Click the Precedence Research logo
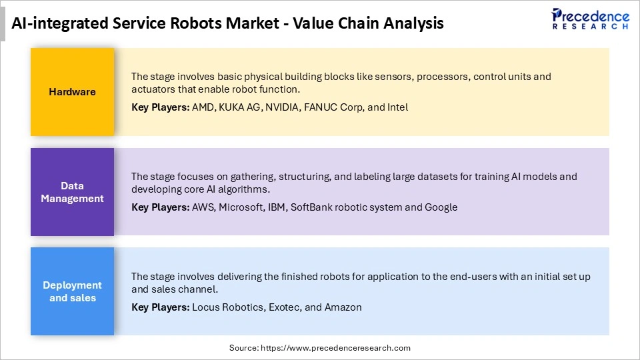pyautogui.click(x=590, y=19)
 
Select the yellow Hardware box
pyautogui.click(x=72, y=92)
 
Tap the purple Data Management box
pyautogui.click(x=72, y=192)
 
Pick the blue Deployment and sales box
pyautogui.click(x=72, y=291)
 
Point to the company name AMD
pyautogui.click(x=203, y=107)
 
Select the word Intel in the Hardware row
pyautogui.click(x=397, y=107)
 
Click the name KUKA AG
pyautogui.click(x=239, y=107)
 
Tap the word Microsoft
pyautogui.click(x=241, y=207)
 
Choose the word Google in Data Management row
pyautogui.click(x=441, y=207)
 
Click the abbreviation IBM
pyautogui.click(x=277, y=207)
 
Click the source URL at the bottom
pyautogui.click(x=335, y=348)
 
